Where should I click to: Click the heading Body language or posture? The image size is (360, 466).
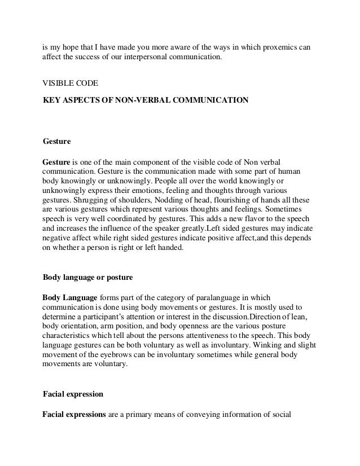click(88, 278)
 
